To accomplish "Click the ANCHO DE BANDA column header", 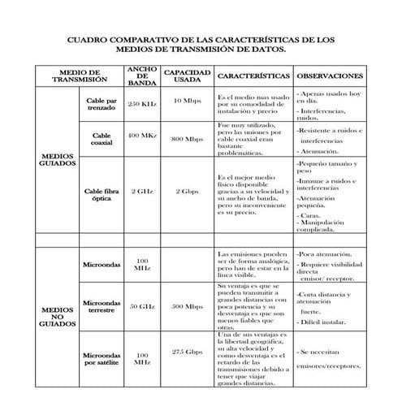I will pyautogui.click(x=142, y=76).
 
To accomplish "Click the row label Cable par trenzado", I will pyautogui.click(x=102, y=103).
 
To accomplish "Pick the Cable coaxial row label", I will pyautogui.click(x=102, y=139).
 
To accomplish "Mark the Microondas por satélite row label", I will pyautogui.click(x=102, y=358).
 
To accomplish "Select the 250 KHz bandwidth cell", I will pyautogui.click(x=143, y=104).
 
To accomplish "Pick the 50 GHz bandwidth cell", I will pyautogui.click(x=143, y=307).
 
